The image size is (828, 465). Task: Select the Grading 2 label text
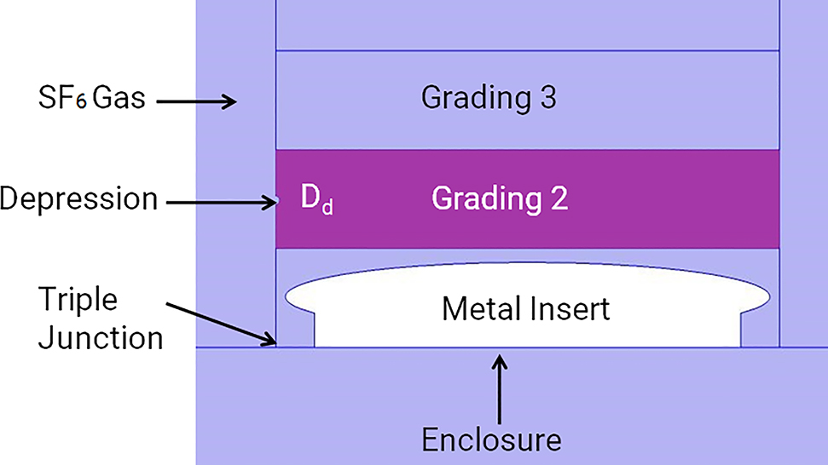pos(500,198)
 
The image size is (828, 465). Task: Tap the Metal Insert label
pos(525,308)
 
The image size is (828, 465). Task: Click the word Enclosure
pos(492,440)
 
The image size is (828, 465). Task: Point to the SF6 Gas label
pos(84,99)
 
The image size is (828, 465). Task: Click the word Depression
pos(78,198)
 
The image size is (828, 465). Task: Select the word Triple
pos(77,301)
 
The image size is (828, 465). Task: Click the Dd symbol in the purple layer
pos(316,198)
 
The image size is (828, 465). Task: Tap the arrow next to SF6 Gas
pos(205,101)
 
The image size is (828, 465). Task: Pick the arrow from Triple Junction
pos(222,324)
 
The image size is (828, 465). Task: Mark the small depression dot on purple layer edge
pos(276,201)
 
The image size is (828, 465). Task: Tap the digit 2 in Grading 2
pos(559,198)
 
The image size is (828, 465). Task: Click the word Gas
pos(119,99)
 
